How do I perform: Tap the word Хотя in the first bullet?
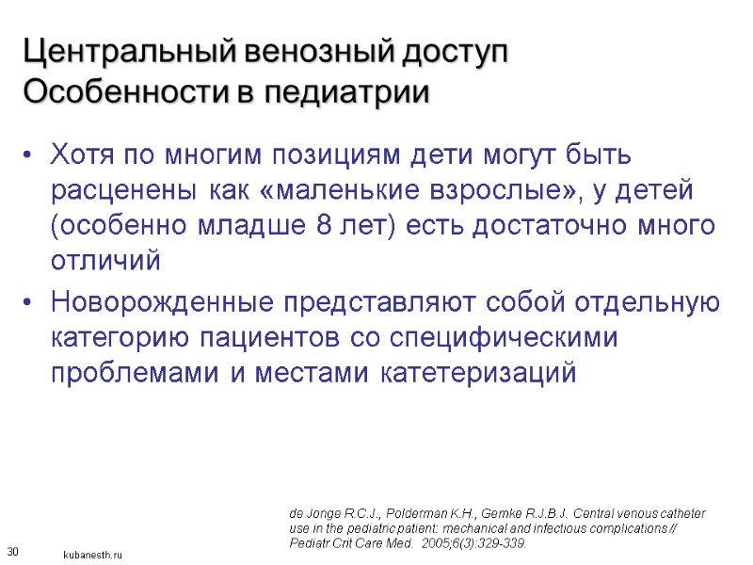coord(80,153)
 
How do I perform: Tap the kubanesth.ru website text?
coord(93,556)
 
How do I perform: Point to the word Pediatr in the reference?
coord(310,543)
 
